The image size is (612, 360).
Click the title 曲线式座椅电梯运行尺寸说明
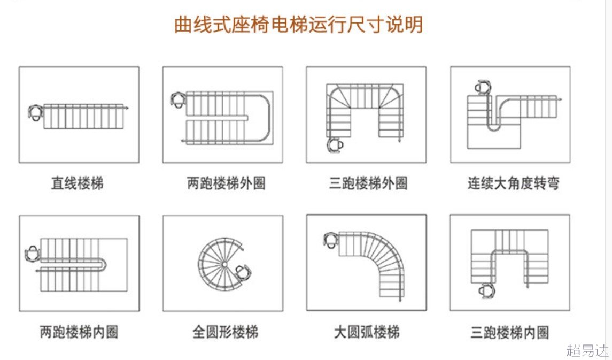click(298, 25)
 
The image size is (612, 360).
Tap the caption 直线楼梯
click(78, 183)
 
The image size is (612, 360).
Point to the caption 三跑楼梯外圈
click(368, 183)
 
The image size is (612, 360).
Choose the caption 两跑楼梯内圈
click(79, 332)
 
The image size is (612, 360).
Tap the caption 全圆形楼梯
click(225, 332)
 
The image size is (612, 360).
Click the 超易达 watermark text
click(587, 350)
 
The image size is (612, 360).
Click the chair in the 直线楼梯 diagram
click(36, 112)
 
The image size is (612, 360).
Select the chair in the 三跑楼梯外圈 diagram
click(335, 144)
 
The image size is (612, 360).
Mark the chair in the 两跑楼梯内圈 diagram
click(33, 252)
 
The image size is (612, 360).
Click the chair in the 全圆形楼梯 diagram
click(243, 271)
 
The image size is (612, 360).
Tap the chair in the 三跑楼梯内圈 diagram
click(485, 291)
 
